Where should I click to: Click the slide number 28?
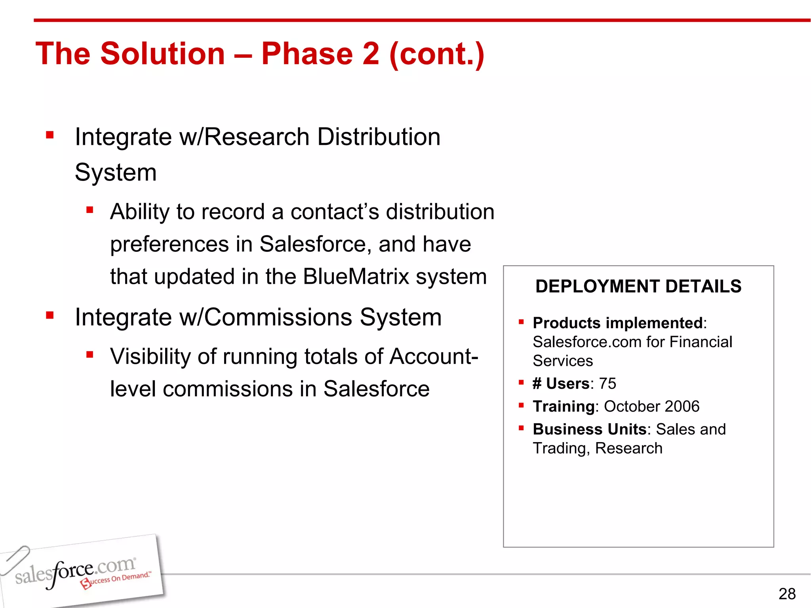coord(787,594)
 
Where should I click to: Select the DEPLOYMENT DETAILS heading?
coord(638,286)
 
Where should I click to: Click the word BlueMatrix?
coord(356,276)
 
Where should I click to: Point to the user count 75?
coord(607,384)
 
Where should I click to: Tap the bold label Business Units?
coord(589,429)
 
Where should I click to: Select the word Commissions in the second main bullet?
coord(278,317)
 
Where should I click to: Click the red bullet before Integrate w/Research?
coord(50,135)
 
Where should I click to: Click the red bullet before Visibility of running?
coord(90,354)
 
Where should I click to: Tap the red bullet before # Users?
coord(521,383)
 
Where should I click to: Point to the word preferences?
coord(169,244)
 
